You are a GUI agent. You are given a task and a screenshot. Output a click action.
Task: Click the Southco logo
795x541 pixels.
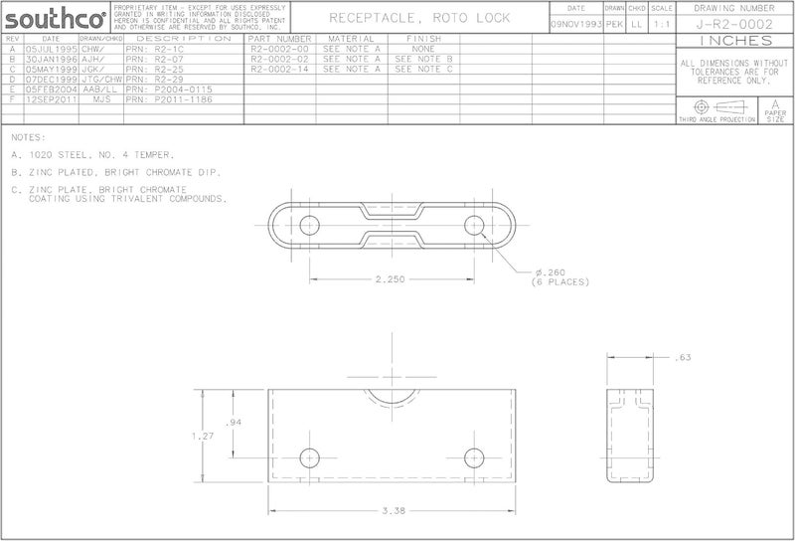(x=56, y=19)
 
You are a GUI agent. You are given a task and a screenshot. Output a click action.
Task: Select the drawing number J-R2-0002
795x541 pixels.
(x=734, y=24)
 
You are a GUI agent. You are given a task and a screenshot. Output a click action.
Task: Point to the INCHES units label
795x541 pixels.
(x=734, y=41)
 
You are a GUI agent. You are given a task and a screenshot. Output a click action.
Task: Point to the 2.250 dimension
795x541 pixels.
(x=390, y=279)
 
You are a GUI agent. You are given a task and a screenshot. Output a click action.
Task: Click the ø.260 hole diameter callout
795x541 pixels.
(x=551, y=272)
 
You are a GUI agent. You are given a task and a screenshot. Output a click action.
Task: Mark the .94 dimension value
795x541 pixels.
(x=235, y=423)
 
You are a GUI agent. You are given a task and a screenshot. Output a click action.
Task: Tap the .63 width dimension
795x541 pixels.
(x=682, y=357)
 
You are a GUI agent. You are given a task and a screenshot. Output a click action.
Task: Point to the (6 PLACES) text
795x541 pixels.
(x=561, y=282)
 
